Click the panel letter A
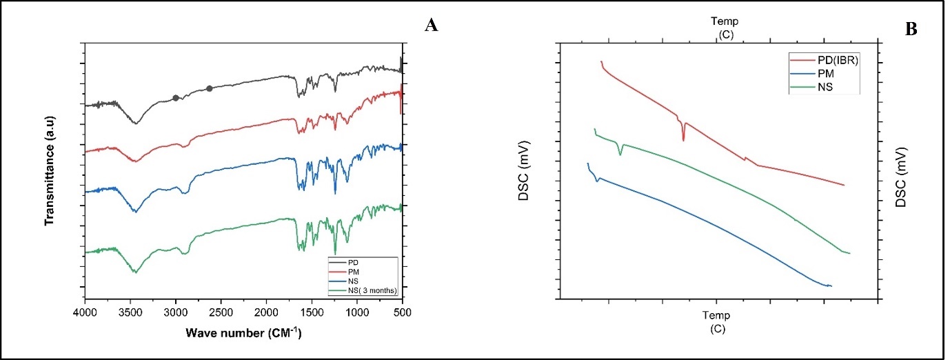(432, 26)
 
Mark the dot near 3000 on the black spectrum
(176, 98)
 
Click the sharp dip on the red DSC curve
(683, 139)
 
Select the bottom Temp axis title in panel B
(716, 321)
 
